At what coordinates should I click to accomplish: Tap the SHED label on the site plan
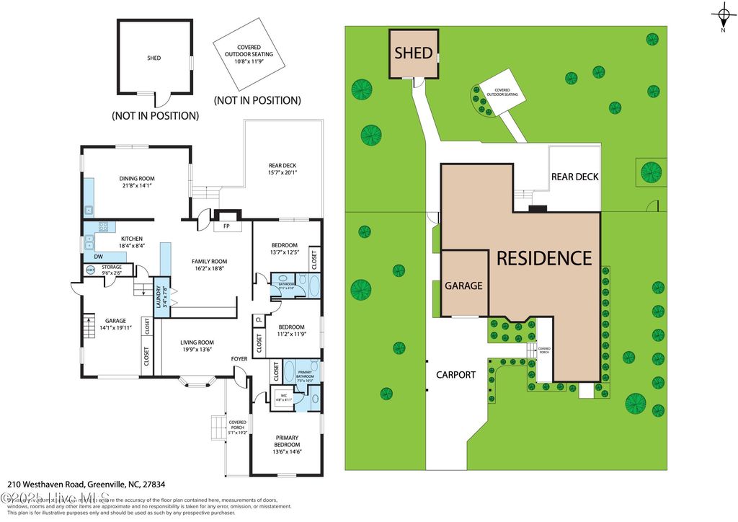[x=414, y=53]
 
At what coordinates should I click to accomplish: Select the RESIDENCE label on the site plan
[x=544, y=257]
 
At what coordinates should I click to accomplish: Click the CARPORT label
[x=455, y=374]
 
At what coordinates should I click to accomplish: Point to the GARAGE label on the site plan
[x=463, y=286]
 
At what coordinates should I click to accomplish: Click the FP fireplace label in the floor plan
[x=226, y=225]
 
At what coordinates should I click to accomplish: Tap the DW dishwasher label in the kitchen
[x=99, y=256]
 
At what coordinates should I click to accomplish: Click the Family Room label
[x=209, y=261]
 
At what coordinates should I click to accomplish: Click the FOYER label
[x=239, y=358]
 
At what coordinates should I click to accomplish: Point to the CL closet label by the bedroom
[x=258, y=319]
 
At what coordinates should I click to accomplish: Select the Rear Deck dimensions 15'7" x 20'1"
[x=277, y=172]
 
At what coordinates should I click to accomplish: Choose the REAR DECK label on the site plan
[x=574, y=177]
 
